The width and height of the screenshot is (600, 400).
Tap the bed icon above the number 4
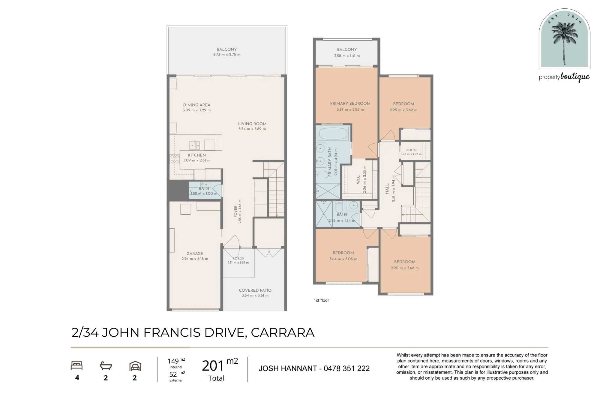point(76,365)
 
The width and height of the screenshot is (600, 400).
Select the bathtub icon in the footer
point(106,366)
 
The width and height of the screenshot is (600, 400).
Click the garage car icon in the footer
point(135,366)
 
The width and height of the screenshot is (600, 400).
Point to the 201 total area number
point(213,366)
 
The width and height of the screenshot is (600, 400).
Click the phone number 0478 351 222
point(346,368)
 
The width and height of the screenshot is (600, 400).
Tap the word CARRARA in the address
point(283,332)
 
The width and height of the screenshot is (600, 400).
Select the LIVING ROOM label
point(252,124)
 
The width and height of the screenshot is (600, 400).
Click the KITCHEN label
point(197,155)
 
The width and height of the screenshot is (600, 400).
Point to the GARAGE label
point(195,254)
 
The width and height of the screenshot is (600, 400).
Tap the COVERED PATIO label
point(255,290)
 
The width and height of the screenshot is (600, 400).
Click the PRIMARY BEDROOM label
point(350,104)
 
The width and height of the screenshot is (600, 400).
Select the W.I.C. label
point(358,179)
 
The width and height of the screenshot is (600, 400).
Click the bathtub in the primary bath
point(334,133)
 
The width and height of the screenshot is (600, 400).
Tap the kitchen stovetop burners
point(175,159)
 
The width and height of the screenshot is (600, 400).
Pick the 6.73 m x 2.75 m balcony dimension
point(227,55)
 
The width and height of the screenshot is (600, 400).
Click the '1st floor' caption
point(321,300)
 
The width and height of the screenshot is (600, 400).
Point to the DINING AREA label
point(197,105)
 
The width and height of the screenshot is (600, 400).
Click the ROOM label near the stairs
point(411,150)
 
